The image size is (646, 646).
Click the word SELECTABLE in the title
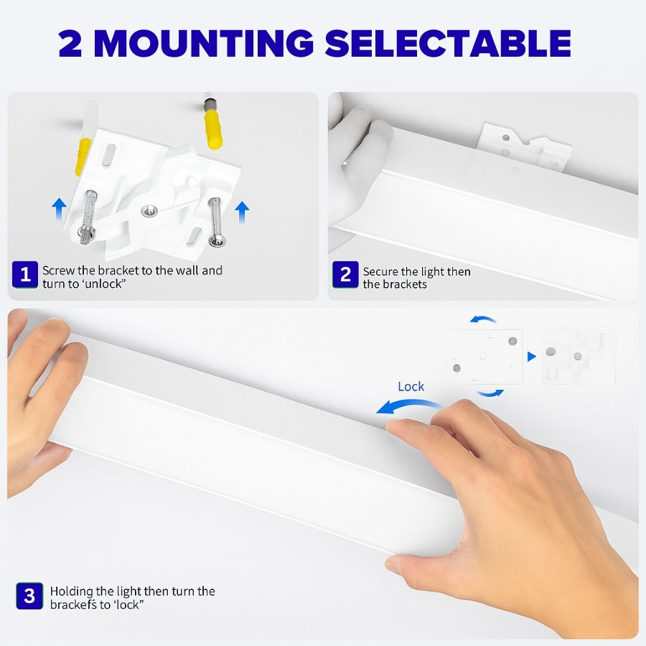click(x=448, y=44)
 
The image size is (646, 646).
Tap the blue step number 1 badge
click(x=25, y=274)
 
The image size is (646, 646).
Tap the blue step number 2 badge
click(x=345, y=274)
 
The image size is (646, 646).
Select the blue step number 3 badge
click(x=29, y=596)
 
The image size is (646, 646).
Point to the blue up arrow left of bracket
click(x=60, y=210)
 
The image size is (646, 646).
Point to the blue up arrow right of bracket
click(x=242, y=212)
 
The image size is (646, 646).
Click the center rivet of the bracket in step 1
click(x=149, y=210)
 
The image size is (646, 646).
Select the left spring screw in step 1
click(x=88, y=215)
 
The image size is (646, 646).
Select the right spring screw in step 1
click(x=215, y=221)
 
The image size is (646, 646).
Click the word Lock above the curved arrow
click(x=411, y=386)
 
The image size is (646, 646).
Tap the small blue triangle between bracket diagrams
click(x=531, y=357)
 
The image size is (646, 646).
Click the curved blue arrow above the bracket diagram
click(x=484, y=319)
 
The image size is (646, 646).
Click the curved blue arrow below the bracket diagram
click(x=490, y=393)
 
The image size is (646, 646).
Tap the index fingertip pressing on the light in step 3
click(x=393, y=425)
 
